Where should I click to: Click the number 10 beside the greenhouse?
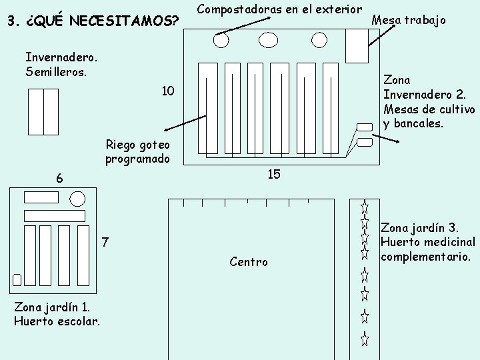[x=167, y=91]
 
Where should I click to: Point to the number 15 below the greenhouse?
[x=273, y=174]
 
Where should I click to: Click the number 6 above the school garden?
[x=59, y=178]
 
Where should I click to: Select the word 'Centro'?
[x=248, y=262]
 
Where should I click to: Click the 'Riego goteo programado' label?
[x=137, y=152]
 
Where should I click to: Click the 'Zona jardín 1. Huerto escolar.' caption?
[x=57, y=314]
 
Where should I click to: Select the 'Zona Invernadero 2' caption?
[x=429, y=102]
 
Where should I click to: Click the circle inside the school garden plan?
[x=77, y=199]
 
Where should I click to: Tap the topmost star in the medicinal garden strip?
[x=365, y=207]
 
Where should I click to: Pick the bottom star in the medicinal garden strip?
[x=365, y=339]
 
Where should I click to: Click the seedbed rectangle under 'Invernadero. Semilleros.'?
[x=43, y=111]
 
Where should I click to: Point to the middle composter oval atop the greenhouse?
[x=267, y=40]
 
